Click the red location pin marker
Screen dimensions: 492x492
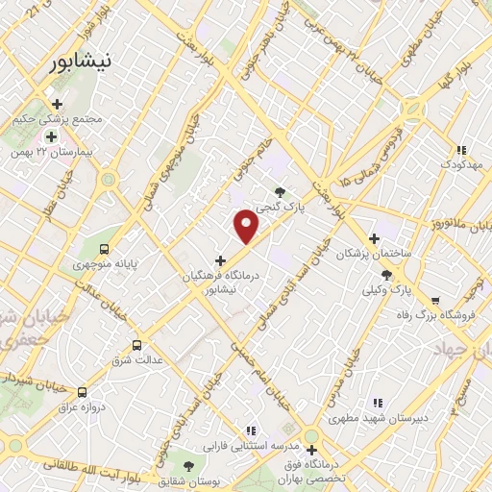[x=247, y=227]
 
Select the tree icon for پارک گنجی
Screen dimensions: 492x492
[x=281, y=191]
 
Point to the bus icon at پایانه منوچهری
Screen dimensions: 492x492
[x=105, y=247]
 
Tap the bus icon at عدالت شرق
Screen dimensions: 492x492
[x=136, y=345]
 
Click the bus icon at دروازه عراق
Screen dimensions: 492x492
[x=82, y=392]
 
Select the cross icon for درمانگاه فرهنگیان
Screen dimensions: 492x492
[x=220, y=259]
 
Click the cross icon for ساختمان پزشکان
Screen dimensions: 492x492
[x=375, y=238]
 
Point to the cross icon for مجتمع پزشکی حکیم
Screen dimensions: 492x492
[x=57, y=104]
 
